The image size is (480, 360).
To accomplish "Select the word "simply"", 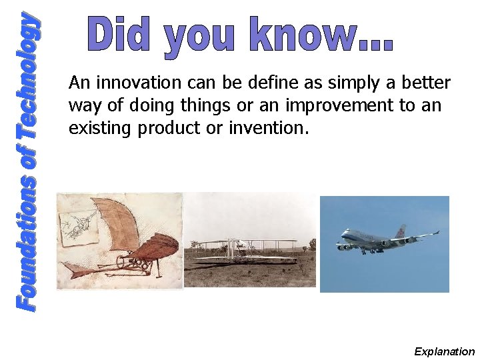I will [x=331, y=83].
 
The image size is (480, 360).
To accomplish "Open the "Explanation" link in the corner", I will [x=444, y=351].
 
